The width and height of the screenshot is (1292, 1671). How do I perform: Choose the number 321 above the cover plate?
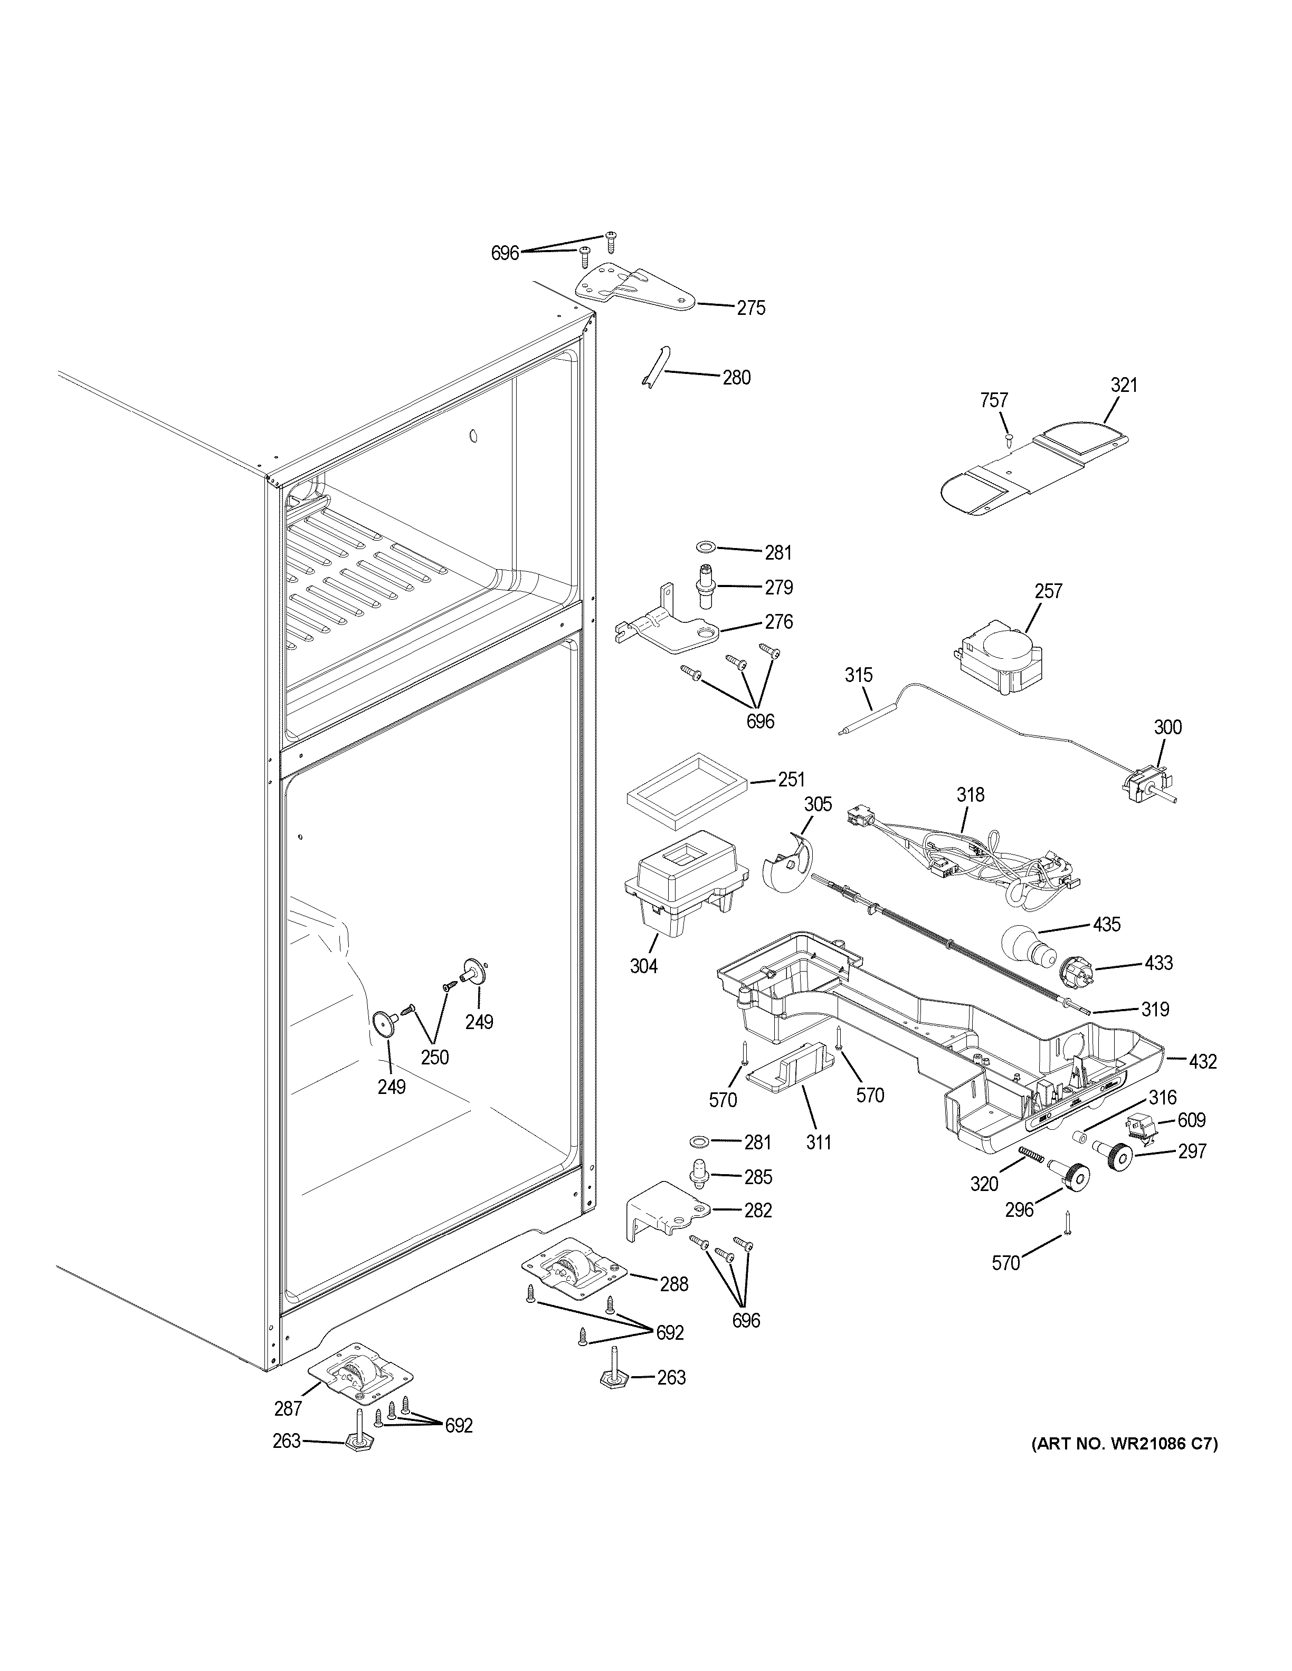click(x=1124, y=385)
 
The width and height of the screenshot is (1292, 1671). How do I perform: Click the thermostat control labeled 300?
click(x=1144, y=784)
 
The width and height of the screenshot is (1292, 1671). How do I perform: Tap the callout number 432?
click(x=1202, y=1061)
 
